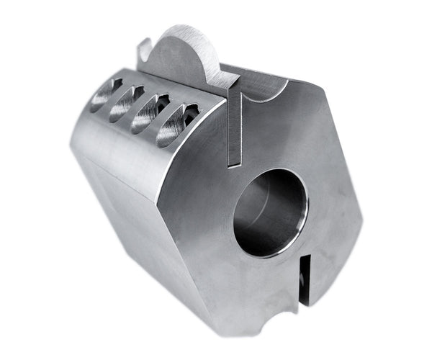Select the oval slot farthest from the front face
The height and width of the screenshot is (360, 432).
click(106, 95)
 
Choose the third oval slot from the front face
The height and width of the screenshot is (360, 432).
click(127, 103)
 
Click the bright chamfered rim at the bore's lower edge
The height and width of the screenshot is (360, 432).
click(277, 252)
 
